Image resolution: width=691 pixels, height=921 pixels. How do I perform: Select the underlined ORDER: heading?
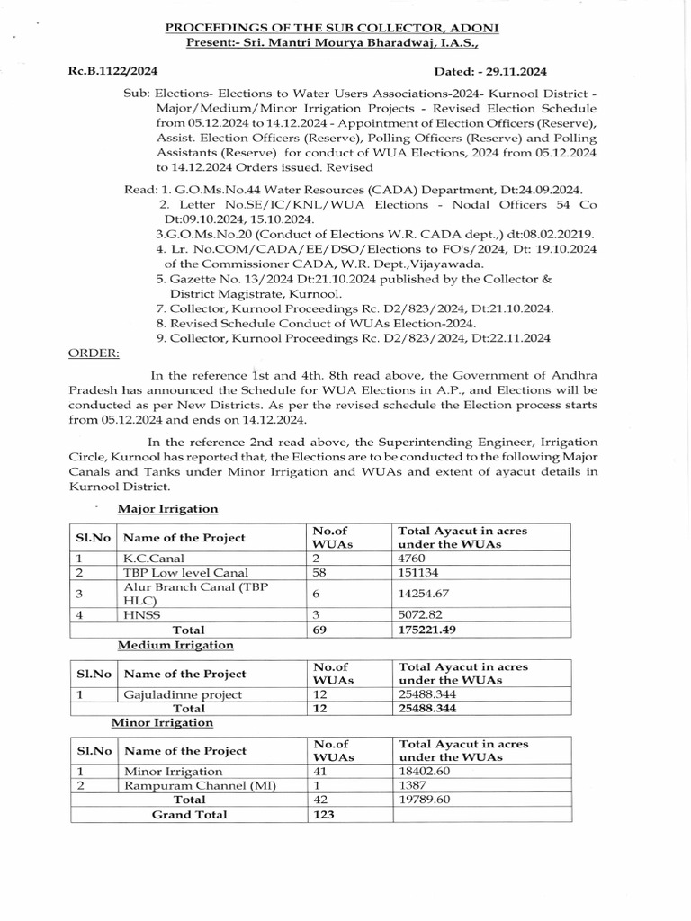[x=94, y=353]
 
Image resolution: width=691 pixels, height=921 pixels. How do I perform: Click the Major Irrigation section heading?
[x=169, y=509]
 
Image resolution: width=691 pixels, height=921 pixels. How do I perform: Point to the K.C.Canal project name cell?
[x=149, y=558]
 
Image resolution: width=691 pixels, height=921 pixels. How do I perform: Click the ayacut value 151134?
[x=419, y=573]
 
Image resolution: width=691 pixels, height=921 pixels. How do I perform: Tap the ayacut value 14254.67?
[x=424, y=595]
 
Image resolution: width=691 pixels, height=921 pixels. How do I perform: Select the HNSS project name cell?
[x=139, y=615]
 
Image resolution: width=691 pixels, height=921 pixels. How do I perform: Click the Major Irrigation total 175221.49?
[x=427, y=630]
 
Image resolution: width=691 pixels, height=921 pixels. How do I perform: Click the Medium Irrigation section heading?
[x=175, y=645]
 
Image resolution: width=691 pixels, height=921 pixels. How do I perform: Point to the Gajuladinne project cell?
[x=183, y=694]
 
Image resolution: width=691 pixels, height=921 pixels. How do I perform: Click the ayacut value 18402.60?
[x=424, y=771]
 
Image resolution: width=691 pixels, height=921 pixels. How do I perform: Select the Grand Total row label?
[x=189, y=814]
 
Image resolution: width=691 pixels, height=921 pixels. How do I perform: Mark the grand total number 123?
[x=323, y=814]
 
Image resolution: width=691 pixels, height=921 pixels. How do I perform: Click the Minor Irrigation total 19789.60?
[x=424, y=800]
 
